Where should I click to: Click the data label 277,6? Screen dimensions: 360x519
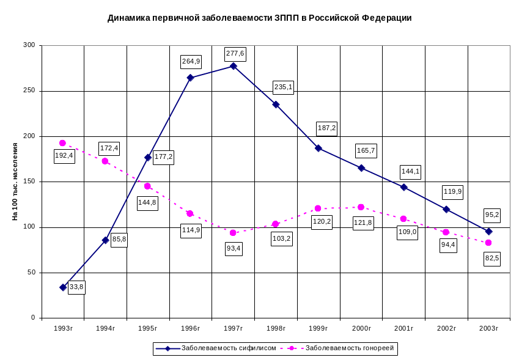coord(235,54)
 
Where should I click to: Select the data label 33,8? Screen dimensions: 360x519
coord(76,287)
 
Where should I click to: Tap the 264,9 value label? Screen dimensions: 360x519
coord(191,61)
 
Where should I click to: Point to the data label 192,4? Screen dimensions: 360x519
coord(64,155)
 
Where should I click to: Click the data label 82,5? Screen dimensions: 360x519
coord(491,259)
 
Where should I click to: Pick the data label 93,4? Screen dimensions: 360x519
coord(234,248)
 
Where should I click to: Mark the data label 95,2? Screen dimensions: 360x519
coord(491,215)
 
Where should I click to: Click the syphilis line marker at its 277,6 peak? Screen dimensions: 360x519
coord(234,65)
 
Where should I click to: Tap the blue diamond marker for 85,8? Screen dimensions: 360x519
coord(106,240)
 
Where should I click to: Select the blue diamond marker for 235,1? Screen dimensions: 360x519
coord(276,105)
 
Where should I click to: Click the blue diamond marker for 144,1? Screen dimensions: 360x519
coord(403,187)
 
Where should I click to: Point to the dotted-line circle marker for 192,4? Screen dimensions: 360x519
coord(62,143)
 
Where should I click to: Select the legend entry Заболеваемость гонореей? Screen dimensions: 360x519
coord(348,348)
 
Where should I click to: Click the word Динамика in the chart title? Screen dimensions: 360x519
coord(128,18)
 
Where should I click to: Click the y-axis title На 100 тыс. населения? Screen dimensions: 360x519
coord(15,182)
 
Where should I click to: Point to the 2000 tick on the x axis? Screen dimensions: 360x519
coord(361,328)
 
